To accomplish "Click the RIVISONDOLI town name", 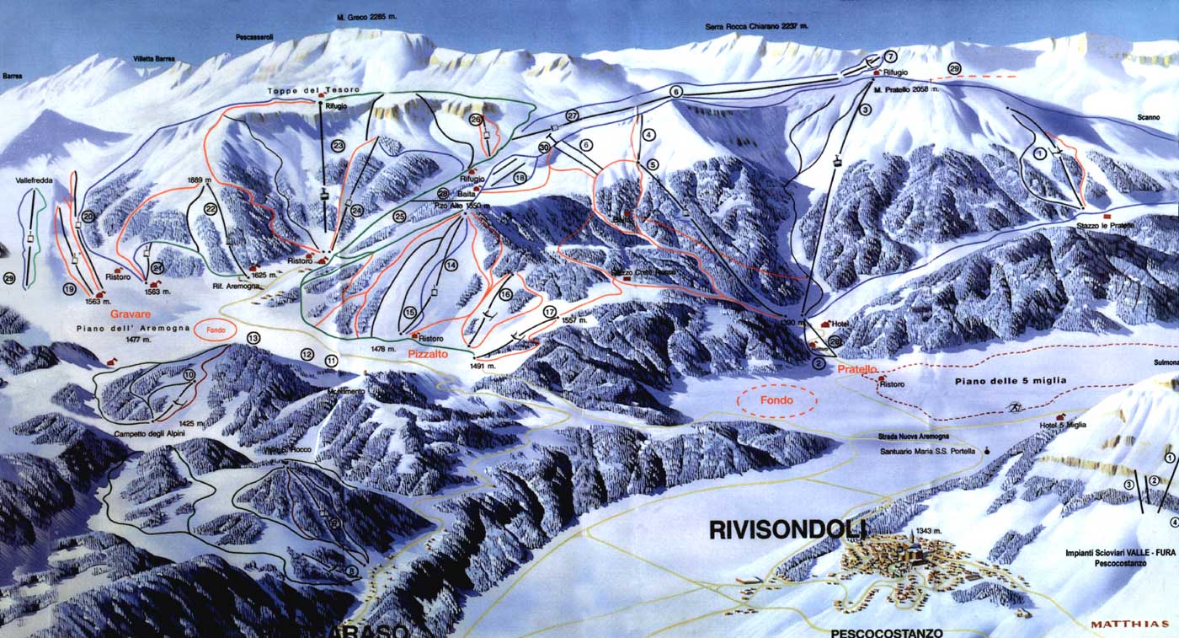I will tap(787, 530).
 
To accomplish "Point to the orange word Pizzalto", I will tap(429, 355).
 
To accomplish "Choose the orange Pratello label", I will tap(857, 369).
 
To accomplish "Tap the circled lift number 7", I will tap(891, 56).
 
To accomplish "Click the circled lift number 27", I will tap(573, 115).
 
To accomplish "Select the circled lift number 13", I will tap(253, 339).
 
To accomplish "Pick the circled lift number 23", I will tap(339, 145).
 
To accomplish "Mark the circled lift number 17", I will tap(550, 312).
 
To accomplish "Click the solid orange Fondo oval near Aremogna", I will tap(216, 330).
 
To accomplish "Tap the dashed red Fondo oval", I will tap(776, 401).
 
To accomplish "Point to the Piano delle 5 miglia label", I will tap(1011, 381).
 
